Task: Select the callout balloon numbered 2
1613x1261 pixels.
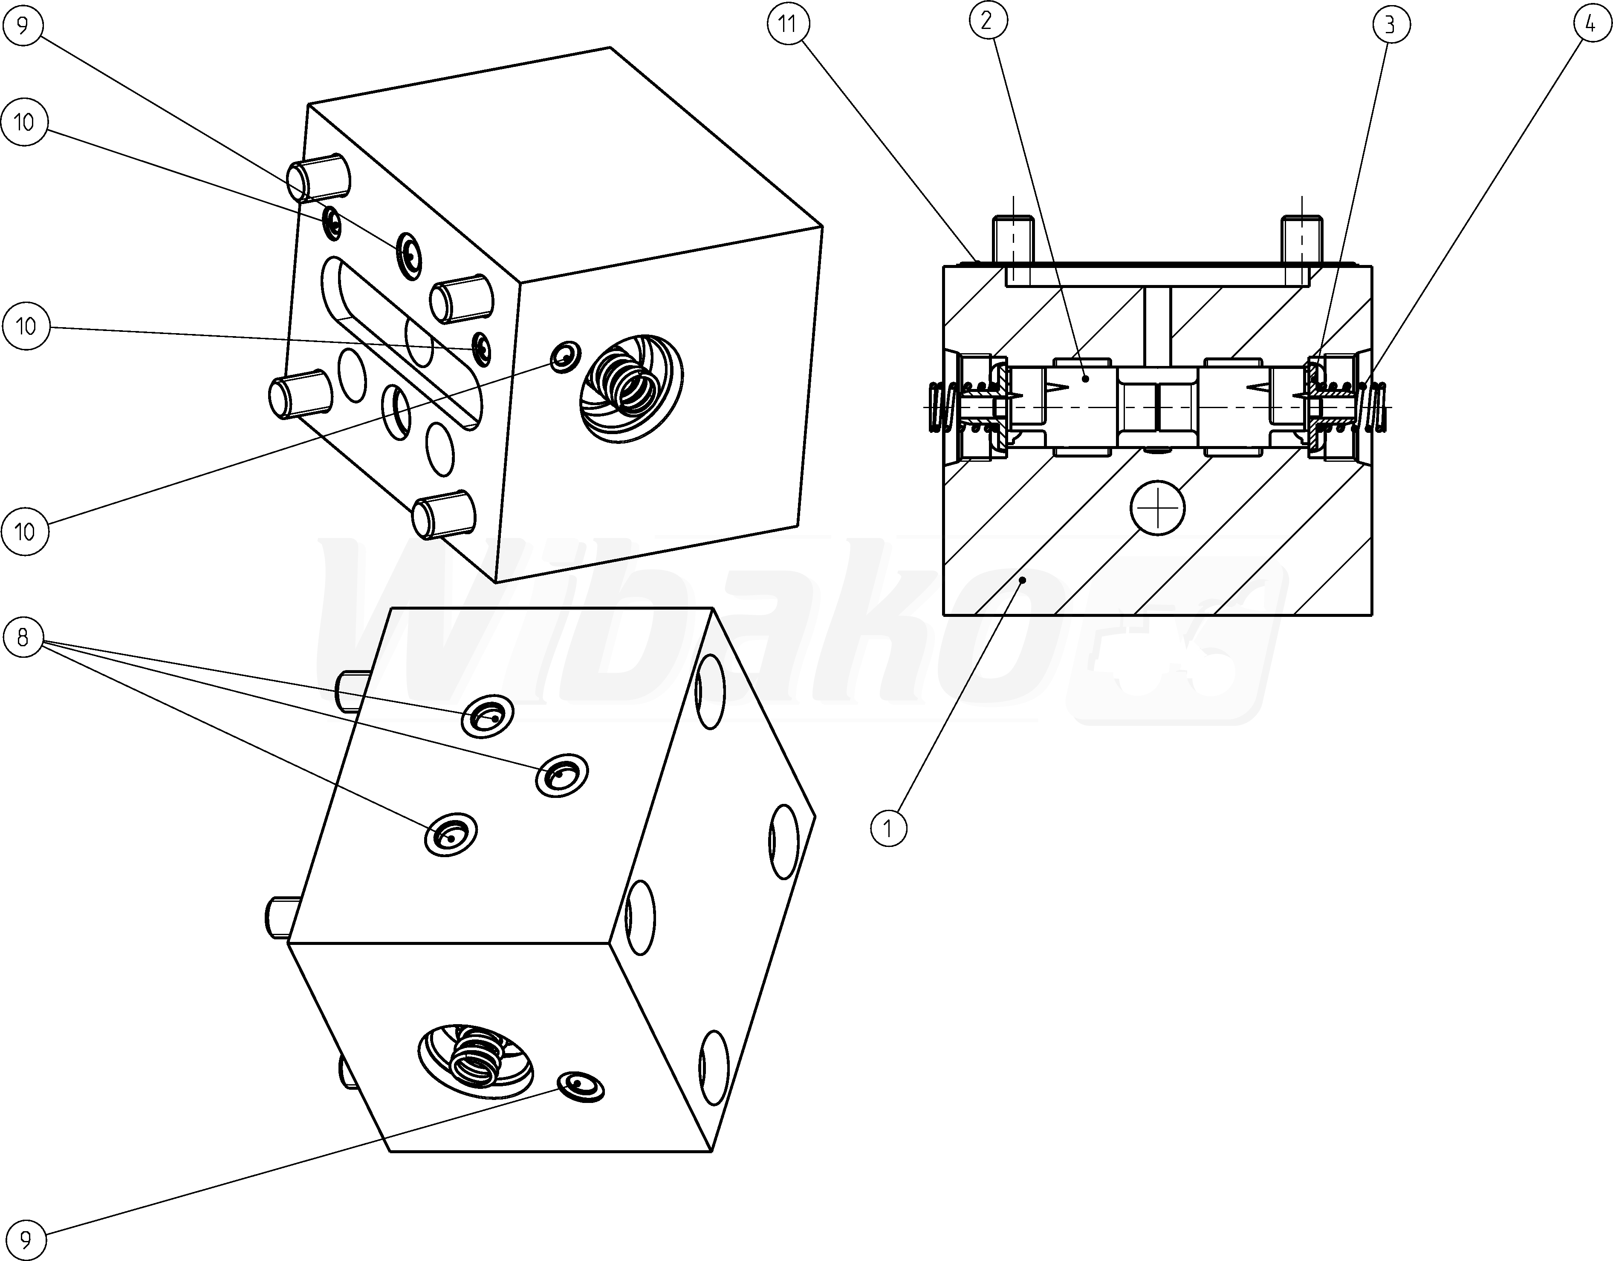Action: pos(986,21)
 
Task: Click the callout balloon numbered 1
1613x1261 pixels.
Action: pos(888,828)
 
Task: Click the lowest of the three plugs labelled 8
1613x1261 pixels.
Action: pos(451,834)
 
